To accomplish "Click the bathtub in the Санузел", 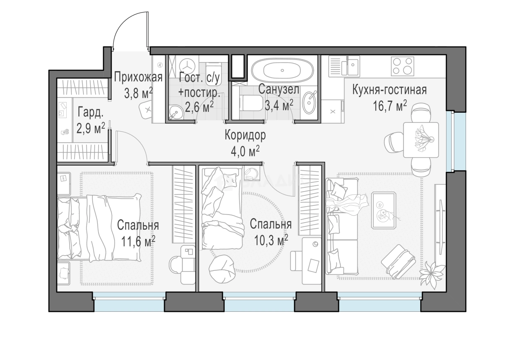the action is tap(282, 70).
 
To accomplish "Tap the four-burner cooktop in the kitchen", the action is tap(403, 66).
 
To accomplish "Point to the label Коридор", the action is tap(245, 135).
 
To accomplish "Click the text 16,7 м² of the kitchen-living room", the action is tap(390, 106).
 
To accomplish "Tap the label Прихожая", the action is tap(138, 77).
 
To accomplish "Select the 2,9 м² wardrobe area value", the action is tap(91, 128).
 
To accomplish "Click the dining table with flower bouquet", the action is tap(421, 140).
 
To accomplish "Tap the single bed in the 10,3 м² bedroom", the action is tap(222, 208).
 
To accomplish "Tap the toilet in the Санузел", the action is tap(251, 103).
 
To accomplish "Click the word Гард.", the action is tap(91, 112).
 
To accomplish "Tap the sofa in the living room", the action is tap(342, 226).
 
